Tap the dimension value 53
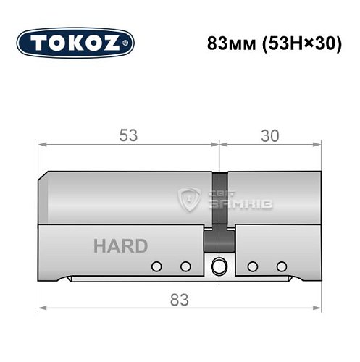pos(128,134)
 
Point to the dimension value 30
pos(270,134)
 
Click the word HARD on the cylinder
pos(120,245)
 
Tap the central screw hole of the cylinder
pos(217,266)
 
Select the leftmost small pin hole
pos(155,266)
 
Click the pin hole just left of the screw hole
pos(185,266)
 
